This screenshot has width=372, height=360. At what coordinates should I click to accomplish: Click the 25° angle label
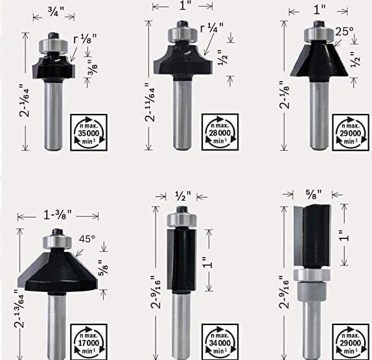pyautogui.click(x=344, y=30)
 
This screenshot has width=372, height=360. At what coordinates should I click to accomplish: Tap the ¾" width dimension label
pyautogui.click(x=56, y=10)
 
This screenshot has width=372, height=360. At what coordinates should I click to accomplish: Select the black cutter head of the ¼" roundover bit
pyautogui.click(x=183, y=60)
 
